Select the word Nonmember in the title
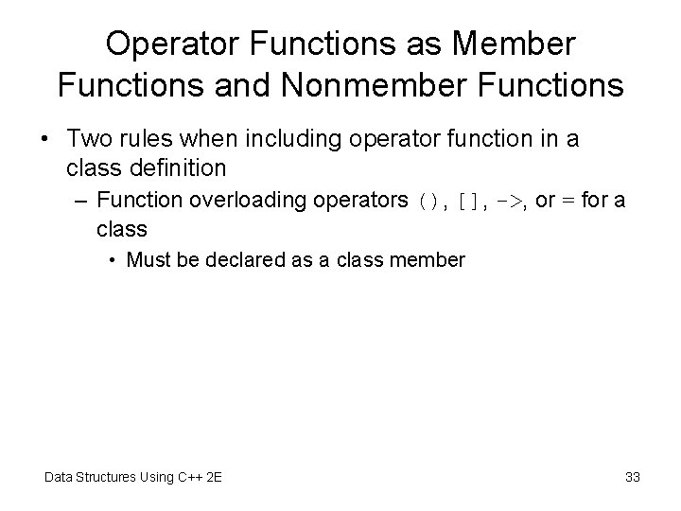(x=379, y=85)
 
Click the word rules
(x=151, y=139)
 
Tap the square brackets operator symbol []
(x=468, y=202)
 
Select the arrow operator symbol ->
(x=512, y=202)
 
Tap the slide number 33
(x=632, y=477)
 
